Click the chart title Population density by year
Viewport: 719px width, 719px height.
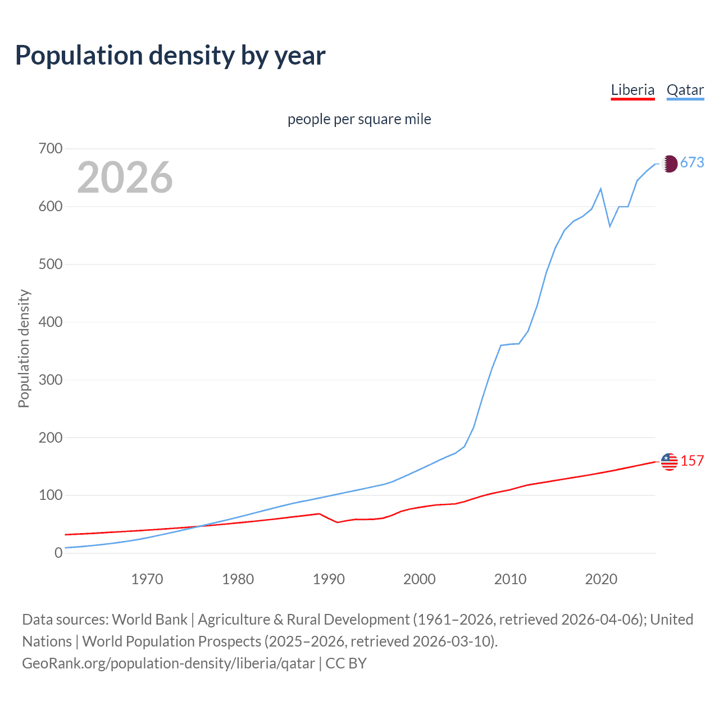point(170,56)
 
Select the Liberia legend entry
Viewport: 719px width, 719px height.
point(632,90)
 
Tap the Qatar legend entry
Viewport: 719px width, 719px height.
point(685,90)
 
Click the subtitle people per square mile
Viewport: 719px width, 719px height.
point(359,119)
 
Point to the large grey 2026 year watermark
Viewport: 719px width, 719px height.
point(125,178)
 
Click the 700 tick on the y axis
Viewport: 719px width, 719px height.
point(51,149)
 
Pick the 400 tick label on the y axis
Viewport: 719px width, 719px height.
point(51,322)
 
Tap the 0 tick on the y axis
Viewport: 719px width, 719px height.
point(58,553)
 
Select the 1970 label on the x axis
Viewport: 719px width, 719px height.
point(147,579)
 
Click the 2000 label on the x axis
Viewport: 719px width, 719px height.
point(420,579)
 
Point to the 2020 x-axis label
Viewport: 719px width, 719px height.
point(601,579)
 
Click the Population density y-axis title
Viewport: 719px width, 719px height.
point(24,348)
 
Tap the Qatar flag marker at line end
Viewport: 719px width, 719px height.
point(669,163)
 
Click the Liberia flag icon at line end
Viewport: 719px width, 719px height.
point(669,462)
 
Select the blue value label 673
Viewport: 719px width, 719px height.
point(692,163)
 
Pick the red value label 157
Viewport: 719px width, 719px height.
point(692,461)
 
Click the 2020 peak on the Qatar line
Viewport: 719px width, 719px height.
point(601,189)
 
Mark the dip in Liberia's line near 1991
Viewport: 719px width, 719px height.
point(338,522)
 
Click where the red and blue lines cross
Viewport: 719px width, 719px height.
point(198,526)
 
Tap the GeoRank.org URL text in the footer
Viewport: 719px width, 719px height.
point(169,663)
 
